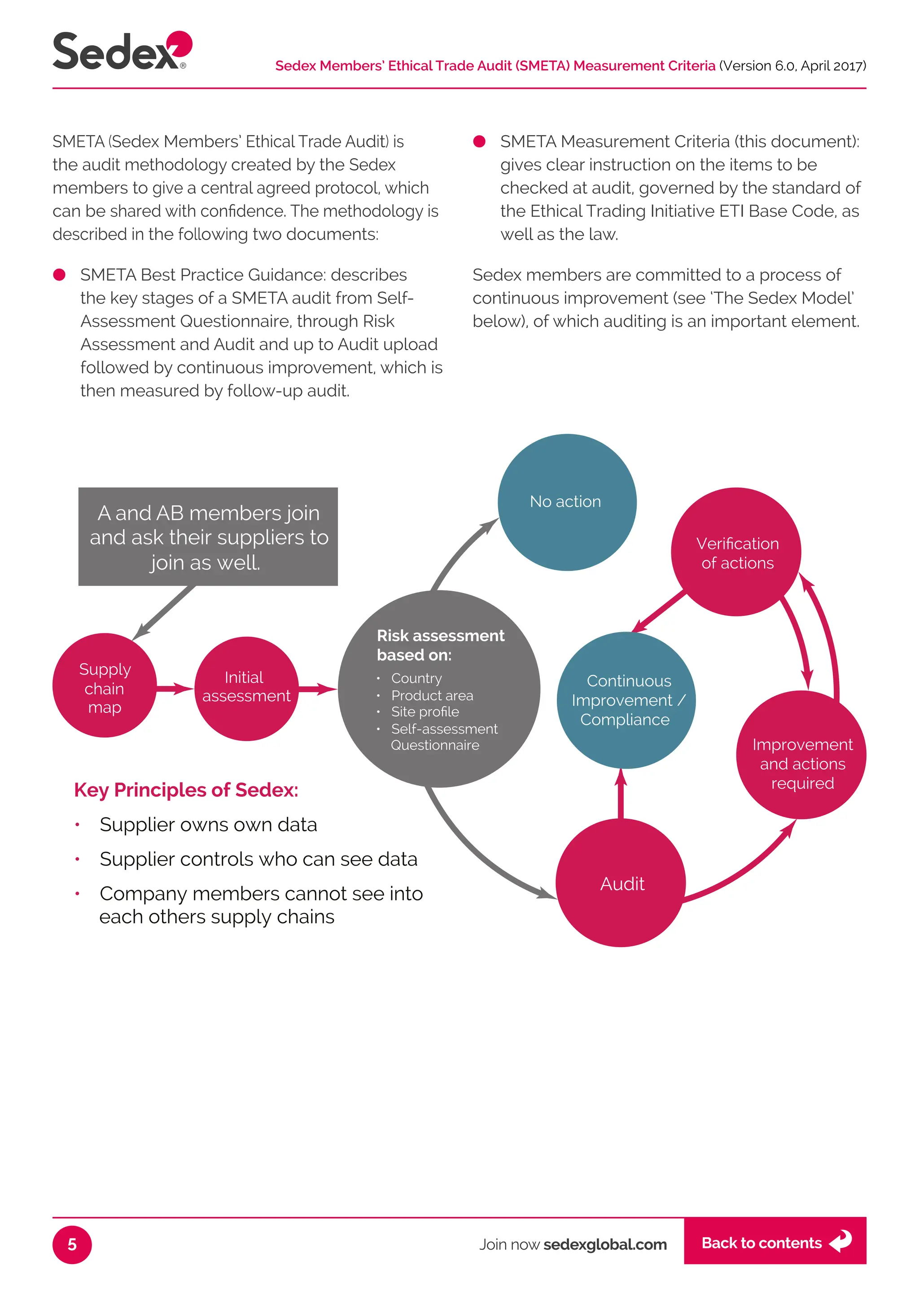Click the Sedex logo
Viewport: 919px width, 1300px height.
(122, 51)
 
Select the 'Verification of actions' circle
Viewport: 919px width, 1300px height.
(736, 552)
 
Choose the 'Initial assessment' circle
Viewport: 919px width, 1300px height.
(246, 688)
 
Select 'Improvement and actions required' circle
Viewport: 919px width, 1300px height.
(801, 756)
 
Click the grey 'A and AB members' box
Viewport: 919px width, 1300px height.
(208, 536)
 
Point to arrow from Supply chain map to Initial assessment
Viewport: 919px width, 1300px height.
(174, 689)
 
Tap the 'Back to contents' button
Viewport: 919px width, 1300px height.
(774, 1243)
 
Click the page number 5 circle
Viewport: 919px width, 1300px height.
(72, 1244)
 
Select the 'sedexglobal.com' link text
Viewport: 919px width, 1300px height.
(604, 1244)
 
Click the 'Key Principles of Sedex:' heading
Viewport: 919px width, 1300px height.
(186, 790)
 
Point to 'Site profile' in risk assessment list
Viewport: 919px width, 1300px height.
(425, 711)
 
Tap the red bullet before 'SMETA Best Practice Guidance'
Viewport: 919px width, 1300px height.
(59, 275)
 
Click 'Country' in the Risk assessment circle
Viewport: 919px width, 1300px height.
(416, 678)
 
